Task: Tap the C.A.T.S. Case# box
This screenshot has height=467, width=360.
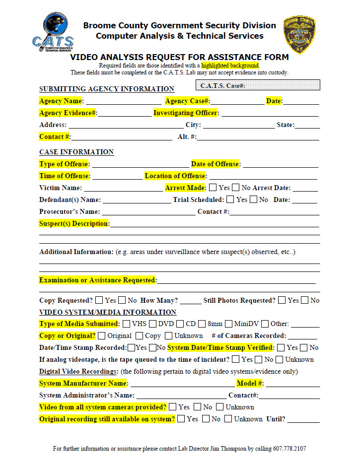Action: click(x=258, y=85)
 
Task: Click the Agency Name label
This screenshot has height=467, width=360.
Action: click(x=61, y=101)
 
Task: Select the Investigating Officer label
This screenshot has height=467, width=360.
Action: click(x=186, y=113)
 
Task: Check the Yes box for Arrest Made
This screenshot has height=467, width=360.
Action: click(x=213, y=188)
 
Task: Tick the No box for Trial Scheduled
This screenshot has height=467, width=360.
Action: click(x=253, y=200)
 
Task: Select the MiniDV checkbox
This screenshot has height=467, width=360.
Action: click(x=228, y=324)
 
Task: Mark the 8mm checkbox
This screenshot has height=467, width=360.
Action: click(x=202, y=324)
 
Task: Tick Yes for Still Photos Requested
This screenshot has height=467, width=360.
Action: click(x=282, y=300)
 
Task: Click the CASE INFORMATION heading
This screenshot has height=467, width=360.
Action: click(x=76, y=152)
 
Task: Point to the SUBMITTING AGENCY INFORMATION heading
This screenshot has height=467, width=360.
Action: click(x=107, y=89)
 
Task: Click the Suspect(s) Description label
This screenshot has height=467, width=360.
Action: click(x=74, y=223)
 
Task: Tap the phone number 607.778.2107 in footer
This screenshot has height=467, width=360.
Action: click(x=289, y=449)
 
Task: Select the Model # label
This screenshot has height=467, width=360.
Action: click(x=250, y=383)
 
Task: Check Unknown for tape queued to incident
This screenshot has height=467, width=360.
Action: click(x=280, y=359)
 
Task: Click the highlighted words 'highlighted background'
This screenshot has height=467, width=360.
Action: click(x=230, y=66)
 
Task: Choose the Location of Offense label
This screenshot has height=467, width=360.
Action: click(x=175, y=176)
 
